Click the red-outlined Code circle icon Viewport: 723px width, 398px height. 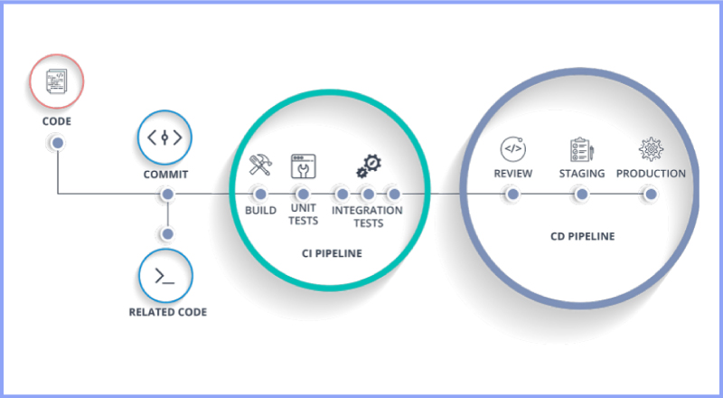pyautogui.click(x=57, y=82)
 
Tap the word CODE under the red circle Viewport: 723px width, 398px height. pyautogui.click(x=56, y=120)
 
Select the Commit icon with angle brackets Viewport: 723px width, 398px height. pyautogui.click(x=165, y=137)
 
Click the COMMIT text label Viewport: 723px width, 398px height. pyautogui.click(x=165, y=174)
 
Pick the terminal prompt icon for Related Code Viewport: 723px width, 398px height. pyautogui.click(x=166, y=277)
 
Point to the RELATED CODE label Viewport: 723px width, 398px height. pyautogui.click(x=167, y=312)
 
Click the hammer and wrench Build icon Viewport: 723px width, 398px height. pyautogui.click(x=260, y=165)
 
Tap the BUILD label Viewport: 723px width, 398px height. pyautogui.click(x=260, y=210)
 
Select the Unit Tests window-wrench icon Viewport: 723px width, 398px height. pyautogui.click(x=303, y=166)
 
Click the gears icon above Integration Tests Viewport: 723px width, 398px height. pyautogui.click(x=367, y=166)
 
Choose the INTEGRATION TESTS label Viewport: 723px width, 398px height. pyautogui.click(x=367, y=216)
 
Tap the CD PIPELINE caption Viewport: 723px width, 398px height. pyautogui.click(x=582, y=236)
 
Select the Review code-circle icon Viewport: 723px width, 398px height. pyautogui.click(x=512, y=147)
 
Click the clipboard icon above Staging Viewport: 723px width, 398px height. pyautogui.click(x=581, y=148)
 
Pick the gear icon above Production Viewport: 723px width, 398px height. pyautogui.click(x=651, y=148)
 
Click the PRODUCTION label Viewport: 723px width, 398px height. pyautogui.click(x=651, y=174)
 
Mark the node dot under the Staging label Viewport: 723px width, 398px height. pyautogui.click(x=582, y=194)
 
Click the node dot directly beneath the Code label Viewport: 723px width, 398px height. pyautogui.click(x=57, y=143)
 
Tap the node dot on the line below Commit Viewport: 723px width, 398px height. pyautogui.click(x=166, y=194)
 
